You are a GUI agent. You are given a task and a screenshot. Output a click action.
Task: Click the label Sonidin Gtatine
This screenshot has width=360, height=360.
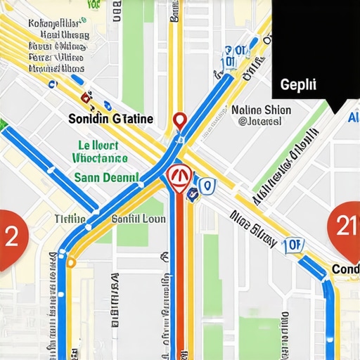tap(111, 119)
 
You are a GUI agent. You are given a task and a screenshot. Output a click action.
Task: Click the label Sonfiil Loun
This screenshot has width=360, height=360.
tap(139, 219)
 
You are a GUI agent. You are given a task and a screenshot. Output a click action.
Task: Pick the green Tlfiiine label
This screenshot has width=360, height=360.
tap(70, 219)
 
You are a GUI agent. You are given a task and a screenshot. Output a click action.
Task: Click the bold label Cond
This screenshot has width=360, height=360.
tap(345, 269)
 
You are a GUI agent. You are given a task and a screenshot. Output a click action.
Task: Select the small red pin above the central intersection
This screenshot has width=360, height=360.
tap(179, 122)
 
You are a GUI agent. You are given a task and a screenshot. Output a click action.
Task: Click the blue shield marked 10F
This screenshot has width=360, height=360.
tap(293, 244)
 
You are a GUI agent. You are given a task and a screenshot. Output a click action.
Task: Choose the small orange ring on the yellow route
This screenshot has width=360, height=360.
tap(70, 263)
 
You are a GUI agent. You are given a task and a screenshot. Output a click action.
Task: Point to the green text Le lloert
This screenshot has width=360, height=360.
tap(98, 146)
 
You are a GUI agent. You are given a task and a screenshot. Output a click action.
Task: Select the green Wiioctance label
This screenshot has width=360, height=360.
tap(96, 160)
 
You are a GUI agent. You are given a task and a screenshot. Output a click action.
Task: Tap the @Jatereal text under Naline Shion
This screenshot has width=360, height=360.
tap(260, 122)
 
